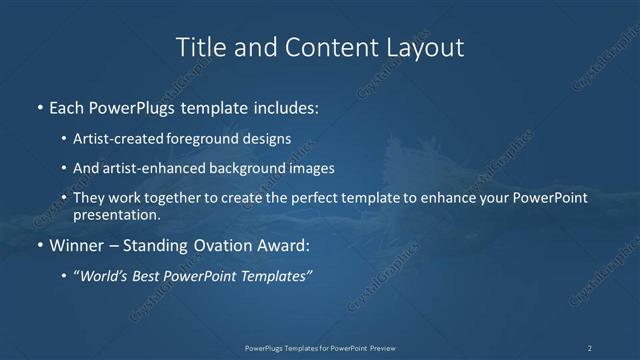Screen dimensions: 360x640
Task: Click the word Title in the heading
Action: click(199, 47)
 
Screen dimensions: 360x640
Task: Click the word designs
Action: click(268, 138)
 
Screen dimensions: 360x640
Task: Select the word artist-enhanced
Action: click(148, 169)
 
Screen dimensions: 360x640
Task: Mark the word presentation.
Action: click(117, 214)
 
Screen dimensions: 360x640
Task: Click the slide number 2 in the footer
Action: click(590, 348)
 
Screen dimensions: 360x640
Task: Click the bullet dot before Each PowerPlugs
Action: click(39, 107)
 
